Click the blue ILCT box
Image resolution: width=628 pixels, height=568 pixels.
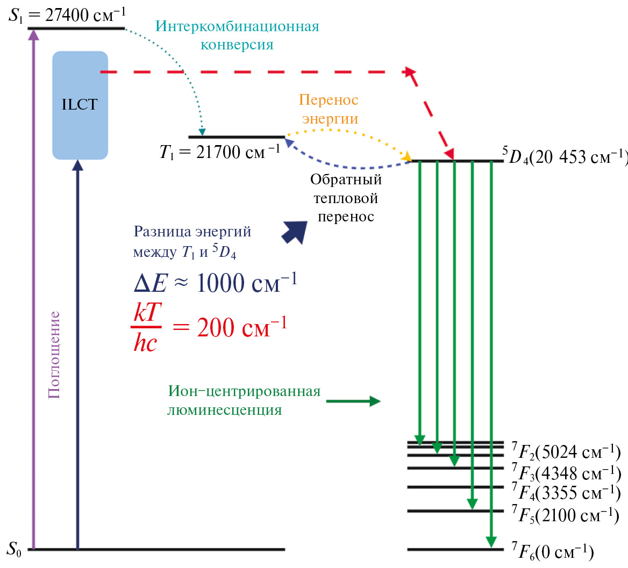point(80,105)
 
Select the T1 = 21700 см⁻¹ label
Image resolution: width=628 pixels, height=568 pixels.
point(219,152)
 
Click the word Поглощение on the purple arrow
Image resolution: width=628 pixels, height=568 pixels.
point(54,355)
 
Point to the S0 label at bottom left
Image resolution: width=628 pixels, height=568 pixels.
point(14,549)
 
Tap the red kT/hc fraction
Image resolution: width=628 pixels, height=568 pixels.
point(146,328)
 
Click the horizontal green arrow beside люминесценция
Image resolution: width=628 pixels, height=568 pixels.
point(353,401)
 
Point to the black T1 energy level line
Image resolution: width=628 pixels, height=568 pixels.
point(236,137)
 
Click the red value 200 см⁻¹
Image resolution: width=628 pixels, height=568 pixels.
point(242,326)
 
